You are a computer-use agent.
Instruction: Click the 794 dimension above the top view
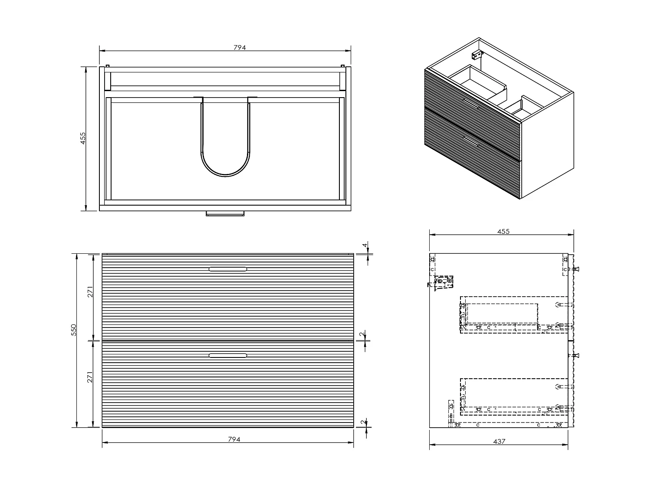[240, 48]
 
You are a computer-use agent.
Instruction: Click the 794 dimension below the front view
[234, 439]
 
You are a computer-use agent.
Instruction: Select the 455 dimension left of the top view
[83, 138]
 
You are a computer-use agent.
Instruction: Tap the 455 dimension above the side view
[503, 232]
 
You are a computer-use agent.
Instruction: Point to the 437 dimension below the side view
[499, 442]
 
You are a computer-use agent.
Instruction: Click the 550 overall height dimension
[74, 330]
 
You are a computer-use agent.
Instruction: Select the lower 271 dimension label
[90, 378]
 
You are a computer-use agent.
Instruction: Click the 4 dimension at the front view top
[365, 246]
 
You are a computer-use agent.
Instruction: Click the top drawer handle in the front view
[228, 269]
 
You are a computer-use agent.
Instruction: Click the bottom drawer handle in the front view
[228, 356]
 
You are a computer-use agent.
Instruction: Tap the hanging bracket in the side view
[444, 283]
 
